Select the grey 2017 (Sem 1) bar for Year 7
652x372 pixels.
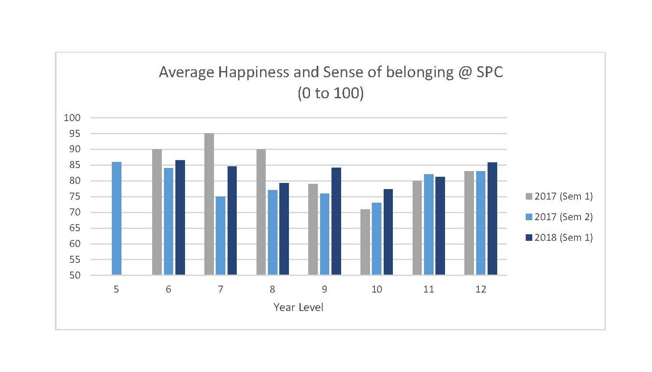pyautogui.click(x=209, y=204)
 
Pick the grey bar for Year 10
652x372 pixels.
pyautogui.click(x=365, y=242)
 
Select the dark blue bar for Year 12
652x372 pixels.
pyautogui.click(x=492, y=218)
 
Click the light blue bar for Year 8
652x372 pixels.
pyautogui.click(x=273, y=232)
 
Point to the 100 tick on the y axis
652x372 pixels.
pyautogui.click(x=72, y=118)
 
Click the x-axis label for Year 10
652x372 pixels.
pyautogui.click(x=377, y=290)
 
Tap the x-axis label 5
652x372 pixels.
pyautogui.click(x=116, y=290)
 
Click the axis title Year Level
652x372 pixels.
pyautogui.click(x=298, y=308)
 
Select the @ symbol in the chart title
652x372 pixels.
pyautogui.click(x=465, y=72)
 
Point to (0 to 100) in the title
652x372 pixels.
pyautogui.click(x=331, y=93)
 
